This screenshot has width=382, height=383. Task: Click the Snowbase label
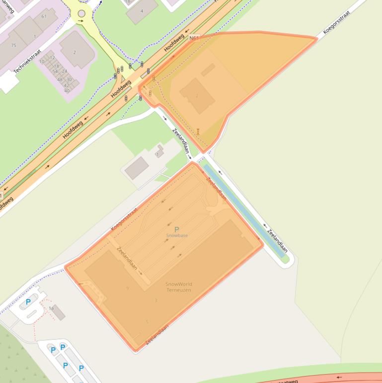click(177, 235)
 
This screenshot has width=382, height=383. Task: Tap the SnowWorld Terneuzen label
click(179, 287)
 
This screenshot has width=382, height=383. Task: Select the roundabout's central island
click(81, 13)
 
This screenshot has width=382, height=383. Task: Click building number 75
click(13, 46)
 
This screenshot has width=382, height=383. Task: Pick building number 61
click(44, 16)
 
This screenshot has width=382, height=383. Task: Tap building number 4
click(142, 11)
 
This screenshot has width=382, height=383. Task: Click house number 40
click(67, 91)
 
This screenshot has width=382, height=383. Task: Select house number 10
click(42, 62)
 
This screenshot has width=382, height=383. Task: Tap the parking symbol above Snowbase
click(177, 229)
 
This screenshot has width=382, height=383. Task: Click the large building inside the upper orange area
click(197, 96)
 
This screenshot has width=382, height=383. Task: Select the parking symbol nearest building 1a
click(28, 302)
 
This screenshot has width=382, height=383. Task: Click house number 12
click(52, 58)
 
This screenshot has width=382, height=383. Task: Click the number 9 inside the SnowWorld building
click(128, 288)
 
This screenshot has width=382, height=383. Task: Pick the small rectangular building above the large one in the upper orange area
click(208, 70)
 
